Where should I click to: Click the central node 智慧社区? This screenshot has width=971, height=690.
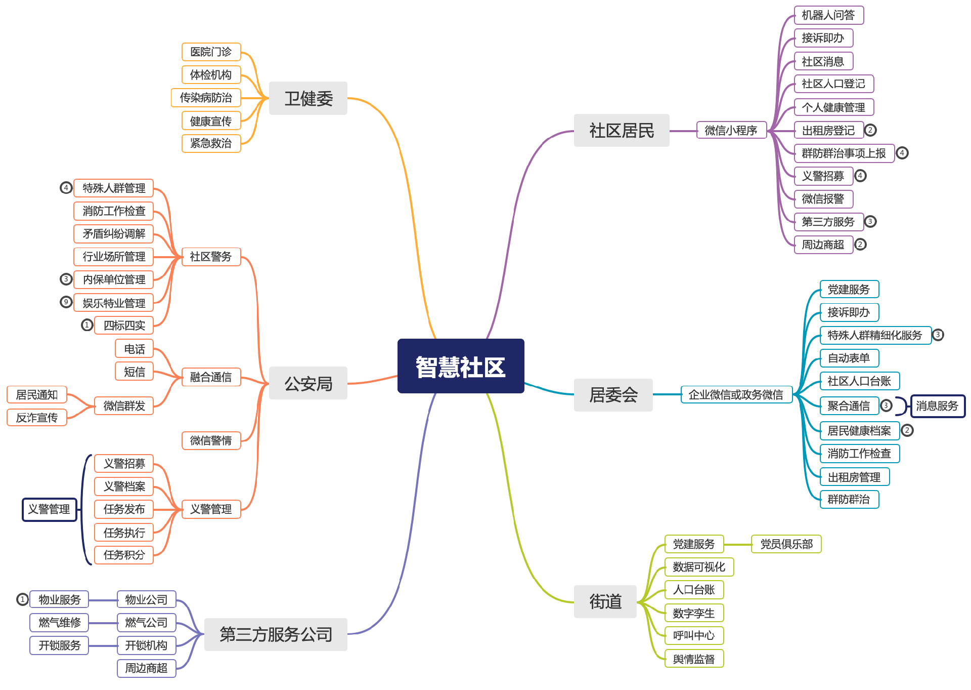point(461,366)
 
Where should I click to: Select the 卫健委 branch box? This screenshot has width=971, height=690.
point(308,98)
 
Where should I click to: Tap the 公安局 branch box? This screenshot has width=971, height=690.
point(308,383)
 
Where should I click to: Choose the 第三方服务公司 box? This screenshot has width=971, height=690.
point(276,634)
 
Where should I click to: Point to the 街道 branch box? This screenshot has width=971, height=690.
point(605,601)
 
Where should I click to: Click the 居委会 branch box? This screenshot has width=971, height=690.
point(613,395)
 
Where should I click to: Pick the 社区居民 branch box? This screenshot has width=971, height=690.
point(621,131)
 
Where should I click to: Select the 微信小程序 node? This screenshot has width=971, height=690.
point(731,131)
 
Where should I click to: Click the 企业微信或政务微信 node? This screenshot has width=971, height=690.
point(736,395)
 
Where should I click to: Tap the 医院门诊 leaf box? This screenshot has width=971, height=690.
point(211,52)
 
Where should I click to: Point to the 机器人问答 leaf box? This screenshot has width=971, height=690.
point(828,15)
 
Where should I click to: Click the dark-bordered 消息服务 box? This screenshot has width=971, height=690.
point(937,406)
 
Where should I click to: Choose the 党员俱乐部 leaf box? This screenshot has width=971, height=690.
point(786,544)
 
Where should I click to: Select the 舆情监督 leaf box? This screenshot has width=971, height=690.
point(694,659)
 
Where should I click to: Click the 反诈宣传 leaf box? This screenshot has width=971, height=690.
point(37,418)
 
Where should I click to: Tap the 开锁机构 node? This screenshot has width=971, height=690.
point(146,645)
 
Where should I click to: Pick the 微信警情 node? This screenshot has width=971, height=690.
point(211,440)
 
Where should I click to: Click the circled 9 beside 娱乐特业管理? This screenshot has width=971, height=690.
point(66,302)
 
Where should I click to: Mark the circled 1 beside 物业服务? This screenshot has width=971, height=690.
point(22,599)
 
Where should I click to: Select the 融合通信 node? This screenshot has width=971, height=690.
point(211,377)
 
